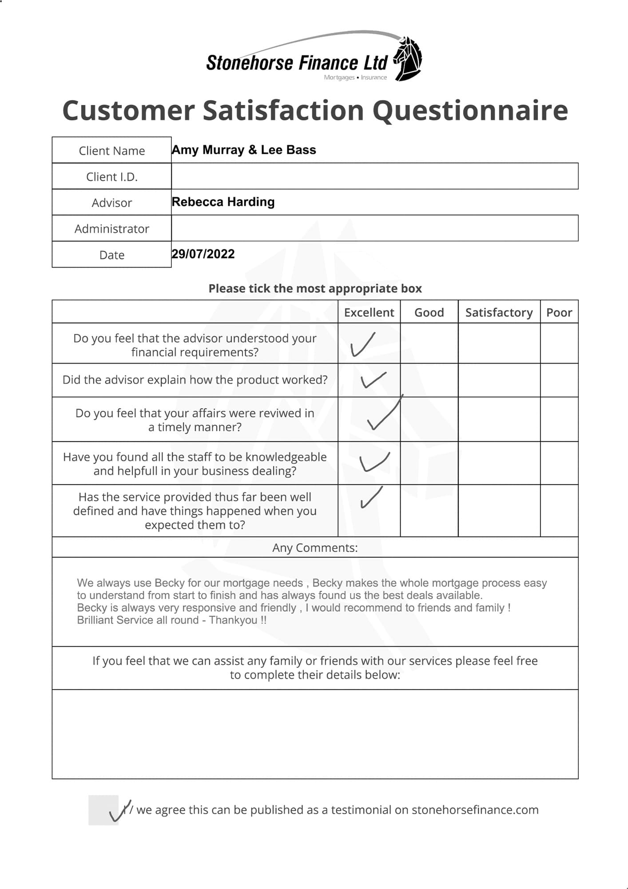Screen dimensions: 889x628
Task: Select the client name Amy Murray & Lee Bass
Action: tap(244, 150)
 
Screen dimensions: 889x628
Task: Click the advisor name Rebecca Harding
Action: tap(223, 202)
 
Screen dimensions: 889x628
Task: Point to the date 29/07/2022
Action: tap(203, 254)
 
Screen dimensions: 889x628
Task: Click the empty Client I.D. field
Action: tap(374, 176)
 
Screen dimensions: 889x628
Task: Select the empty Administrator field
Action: tap(374, 228)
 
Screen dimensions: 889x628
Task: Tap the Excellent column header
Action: tap(369, 312)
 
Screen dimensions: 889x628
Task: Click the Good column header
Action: tap(429, 312)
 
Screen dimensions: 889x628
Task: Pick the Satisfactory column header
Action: tap(499, 312)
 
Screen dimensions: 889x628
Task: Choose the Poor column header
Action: tap(559, 312)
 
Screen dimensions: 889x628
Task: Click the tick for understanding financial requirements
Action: tap(362, 344)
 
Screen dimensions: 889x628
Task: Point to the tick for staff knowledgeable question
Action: tap(374, 462)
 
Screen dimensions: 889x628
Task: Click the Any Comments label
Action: tap(314, 548)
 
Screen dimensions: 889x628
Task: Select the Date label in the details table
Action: tap(111, 255)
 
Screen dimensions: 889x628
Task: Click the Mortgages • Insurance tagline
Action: tap(355, 77)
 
